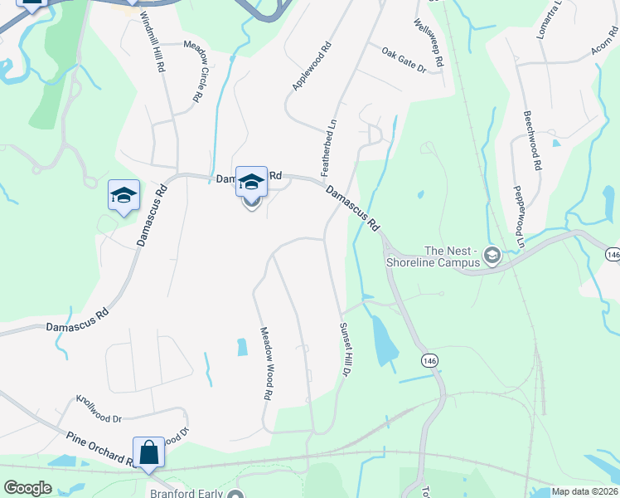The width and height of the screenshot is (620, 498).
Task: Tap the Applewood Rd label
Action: pos(312,66)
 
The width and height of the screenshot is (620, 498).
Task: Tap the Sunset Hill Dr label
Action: pos(343,349)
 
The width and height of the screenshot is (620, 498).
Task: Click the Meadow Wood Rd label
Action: pos(268,363)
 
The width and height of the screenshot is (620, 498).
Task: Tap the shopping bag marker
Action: pos(148,453)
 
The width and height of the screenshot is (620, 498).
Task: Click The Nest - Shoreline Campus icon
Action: pos(492,256)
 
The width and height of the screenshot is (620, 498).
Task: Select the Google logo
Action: pos(27,488)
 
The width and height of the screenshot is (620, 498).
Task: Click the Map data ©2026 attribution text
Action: pos(584,491)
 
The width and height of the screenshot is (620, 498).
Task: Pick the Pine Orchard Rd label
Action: pos(99,449)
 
